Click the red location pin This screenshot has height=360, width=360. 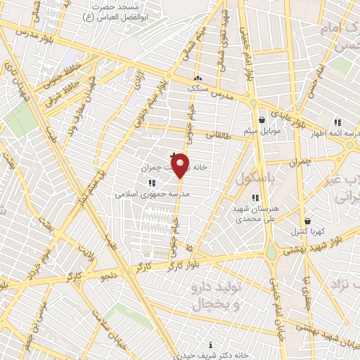tap(181, 165)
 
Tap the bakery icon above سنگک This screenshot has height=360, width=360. tap(198, 78)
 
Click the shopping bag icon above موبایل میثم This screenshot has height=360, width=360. tap(262, 120)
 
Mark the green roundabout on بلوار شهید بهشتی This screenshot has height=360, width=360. tap(271, 252)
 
